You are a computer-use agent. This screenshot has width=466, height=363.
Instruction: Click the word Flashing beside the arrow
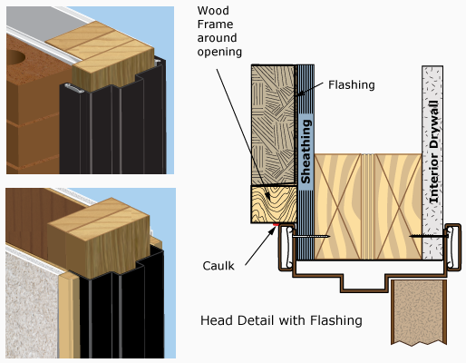click(x=352, y=85)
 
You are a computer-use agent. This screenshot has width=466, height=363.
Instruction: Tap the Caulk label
click(x=218, y=266)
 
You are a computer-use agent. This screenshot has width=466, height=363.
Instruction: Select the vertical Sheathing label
click(x=306, y=152)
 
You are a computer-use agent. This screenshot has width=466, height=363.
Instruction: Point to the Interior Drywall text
click(x=433, y=152)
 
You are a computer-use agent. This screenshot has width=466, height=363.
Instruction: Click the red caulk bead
click(x=276, y=224)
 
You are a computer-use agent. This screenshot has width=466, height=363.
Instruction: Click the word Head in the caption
click(x=215, y=320)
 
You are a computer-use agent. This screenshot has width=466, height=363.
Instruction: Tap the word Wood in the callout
click(x=213, y=11)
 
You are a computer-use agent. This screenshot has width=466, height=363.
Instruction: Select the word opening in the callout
click(x=219, y=52)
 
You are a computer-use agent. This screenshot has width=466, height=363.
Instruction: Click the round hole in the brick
click(x=15, y=57)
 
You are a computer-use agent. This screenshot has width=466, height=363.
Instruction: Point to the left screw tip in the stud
click(x=329, y=236)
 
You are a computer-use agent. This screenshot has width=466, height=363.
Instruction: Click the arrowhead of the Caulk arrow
click(x=273, y=230)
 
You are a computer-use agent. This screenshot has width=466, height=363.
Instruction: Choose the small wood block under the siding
click(x=274, y=204)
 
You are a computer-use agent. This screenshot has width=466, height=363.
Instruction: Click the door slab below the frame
click(x=419, y=312)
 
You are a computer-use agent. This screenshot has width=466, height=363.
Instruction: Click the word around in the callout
click(x=217, y=38)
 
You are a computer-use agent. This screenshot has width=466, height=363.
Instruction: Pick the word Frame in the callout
click(x=215, y=25)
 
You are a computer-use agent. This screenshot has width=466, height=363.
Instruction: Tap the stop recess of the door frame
click(x=364, y=283)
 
